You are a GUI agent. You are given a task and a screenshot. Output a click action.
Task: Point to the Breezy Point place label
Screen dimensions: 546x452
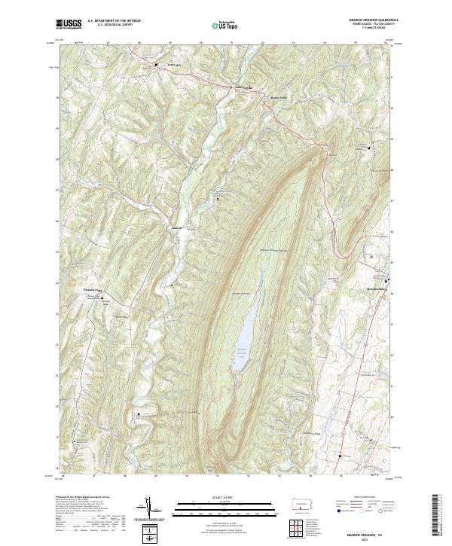(x=279, y=97)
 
